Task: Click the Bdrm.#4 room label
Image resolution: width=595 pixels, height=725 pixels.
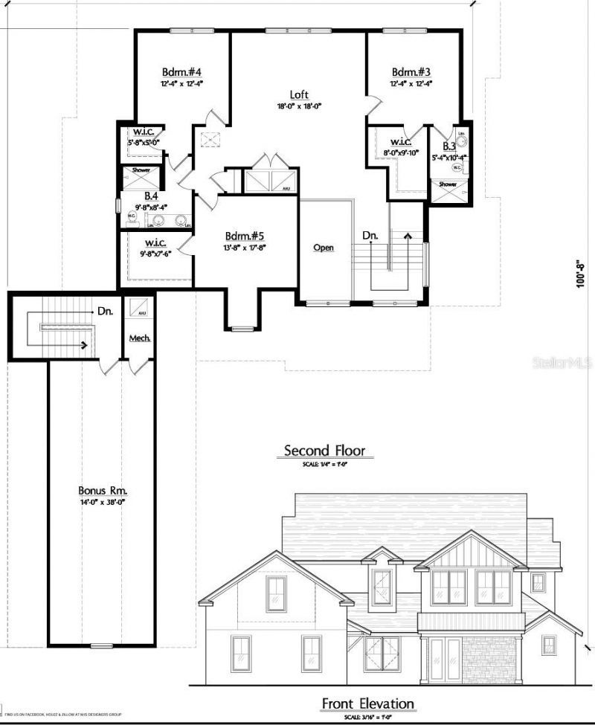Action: coord(182,72)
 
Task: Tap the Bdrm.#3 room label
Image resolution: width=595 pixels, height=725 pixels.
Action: coord(411,72)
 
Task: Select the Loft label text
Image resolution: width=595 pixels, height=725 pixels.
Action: coord(299,94)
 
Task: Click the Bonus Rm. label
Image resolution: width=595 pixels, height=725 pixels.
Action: coord(103,491)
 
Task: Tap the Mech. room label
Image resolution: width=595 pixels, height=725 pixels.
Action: coord(140,338)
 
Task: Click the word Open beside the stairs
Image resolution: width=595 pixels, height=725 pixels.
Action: coord(324,248)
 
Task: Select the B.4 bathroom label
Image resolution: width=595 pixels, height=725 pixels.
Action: coord(151,196)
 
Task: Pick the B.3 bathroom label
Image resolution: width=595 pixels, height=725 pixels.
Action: coord(448,147)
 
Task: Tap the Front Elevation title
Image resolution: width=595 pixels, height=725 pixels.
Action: coord(367,703)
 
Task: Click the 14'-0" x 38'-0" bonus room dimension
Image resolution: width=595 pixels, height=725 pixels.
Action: coord(103,502)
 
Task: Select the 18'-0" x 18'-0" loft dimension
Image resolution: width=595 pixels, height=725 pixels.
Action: coord(299,106)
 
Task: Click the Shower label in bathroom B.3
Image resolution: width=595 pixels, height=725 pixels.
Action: coord(448,184)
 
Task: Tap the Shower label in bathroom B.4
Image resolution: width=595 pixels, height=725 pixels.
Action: coord(141,170)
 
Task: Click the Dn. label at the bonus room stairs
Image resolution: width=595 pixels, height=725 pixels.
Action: coord(103,311)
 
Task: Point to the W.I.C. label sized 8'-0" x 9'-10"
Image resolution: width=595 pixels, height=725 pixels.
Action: coord(402,142)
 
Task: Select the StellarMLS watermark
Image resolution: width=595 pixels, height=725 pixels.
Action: coord(568,363)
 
